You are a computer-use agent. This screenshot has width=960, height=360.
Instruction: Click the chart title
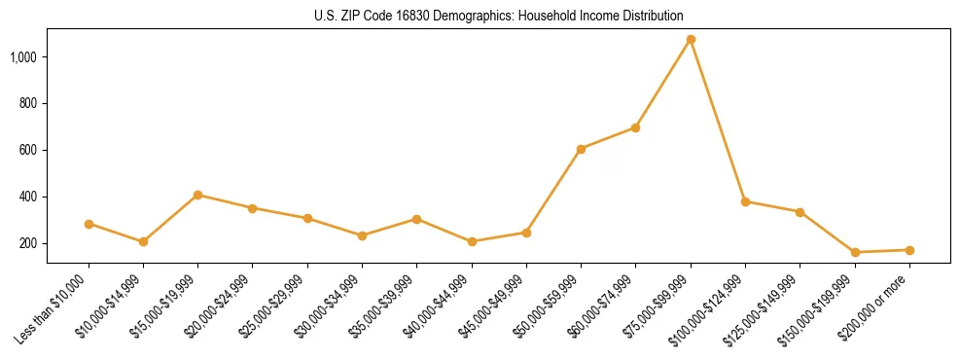point(498,16)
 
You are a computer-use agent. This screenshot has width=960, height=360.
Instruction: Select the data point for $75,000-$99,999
point(691,39)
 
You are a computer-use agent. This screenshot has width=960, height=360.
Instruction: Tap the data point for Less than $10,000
point(89,224)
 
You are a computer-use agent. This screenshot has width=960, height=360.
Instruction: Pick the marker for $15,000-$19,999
point(198,195)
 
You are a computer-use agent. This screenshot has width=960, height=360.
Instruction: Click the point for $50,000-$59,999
point(581,149)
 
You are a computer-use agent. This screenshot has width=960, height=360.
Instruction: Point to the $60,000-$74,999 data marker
point(636,127)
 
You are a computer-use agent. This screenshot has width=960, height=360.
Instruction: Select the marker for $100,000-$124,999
point(745,201)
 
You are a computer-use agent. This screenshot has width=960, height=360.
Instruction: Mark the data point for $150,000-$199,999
point(855,252)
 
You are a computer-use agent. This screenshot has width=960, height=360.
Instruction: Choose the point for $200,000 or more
point(909,250)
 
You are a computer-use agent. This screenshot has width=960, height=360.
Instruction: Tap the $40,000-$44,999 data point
point(472,241)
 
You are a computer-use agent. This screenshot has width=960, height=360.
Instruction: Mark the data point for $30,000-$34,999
point(362,235)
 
